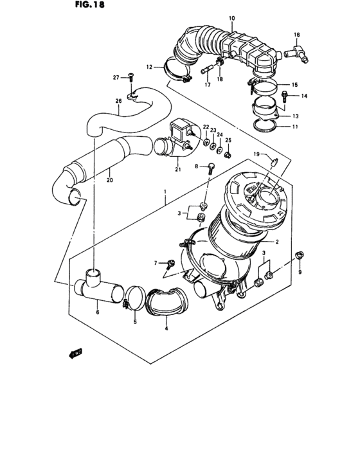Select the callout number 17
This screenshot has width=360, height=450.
click(207, 84)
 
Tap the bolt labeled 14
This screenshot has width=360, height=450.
click(285, 97)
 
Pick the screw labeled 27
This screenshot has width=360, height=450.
click(131, 77)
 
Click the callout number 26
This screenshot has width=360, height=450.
click(118, 100)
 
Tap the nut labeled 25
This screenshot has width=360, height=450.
click(228, 155)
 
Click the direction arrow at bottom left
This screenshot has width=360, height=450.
click(75, 352)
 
